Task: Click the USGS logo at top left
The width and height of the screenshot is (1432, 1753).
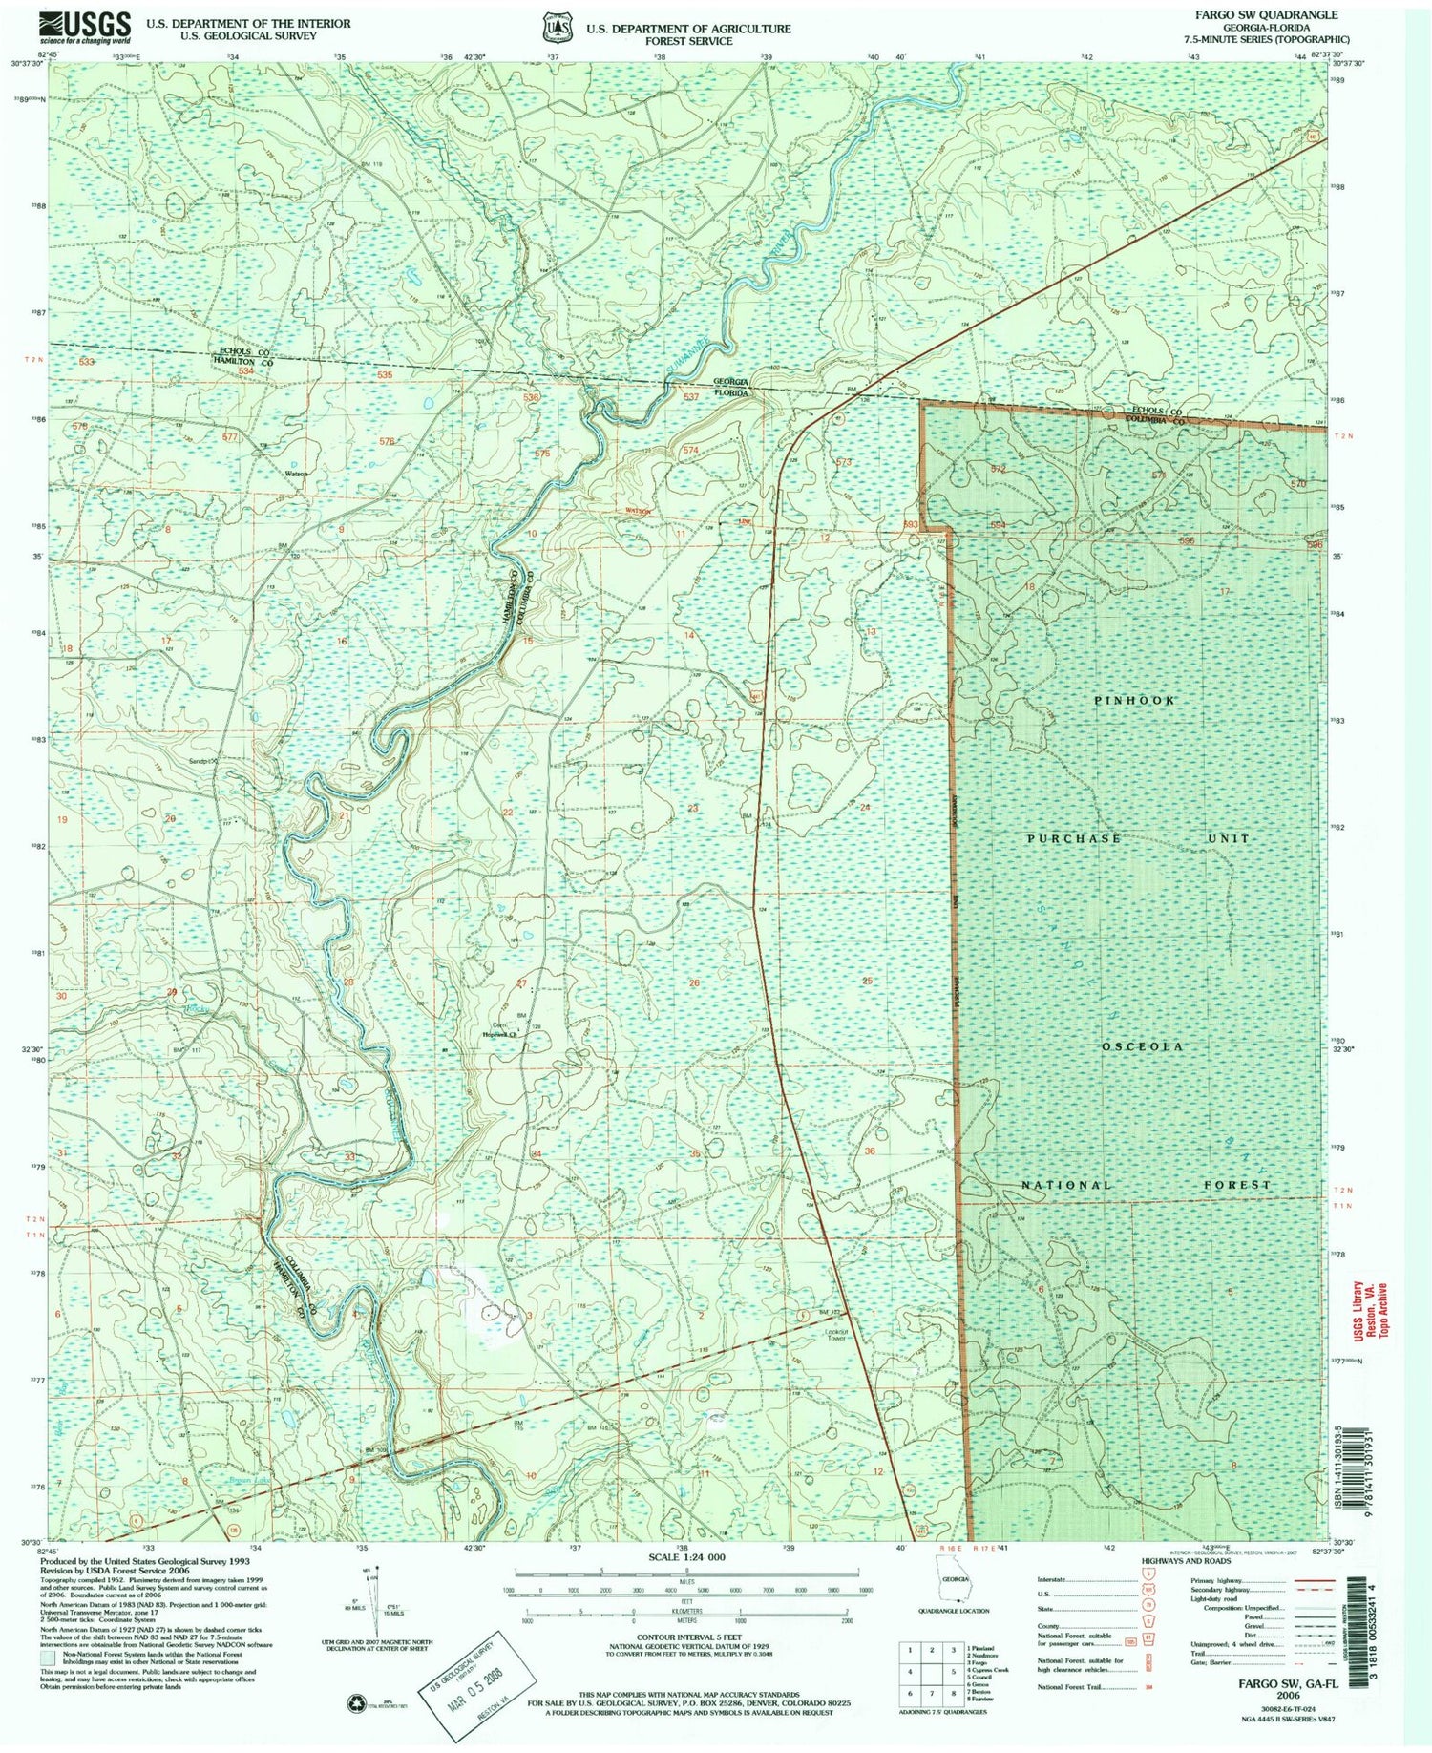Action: point(85,27)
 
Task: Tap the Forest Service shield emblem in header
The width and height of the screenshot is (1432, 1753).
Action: point(557,29)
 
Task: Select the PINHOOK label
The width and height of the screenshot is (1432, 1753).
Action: point(1134,700)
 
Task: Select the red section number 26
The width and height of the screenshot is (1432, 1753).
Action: point(694,982)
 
